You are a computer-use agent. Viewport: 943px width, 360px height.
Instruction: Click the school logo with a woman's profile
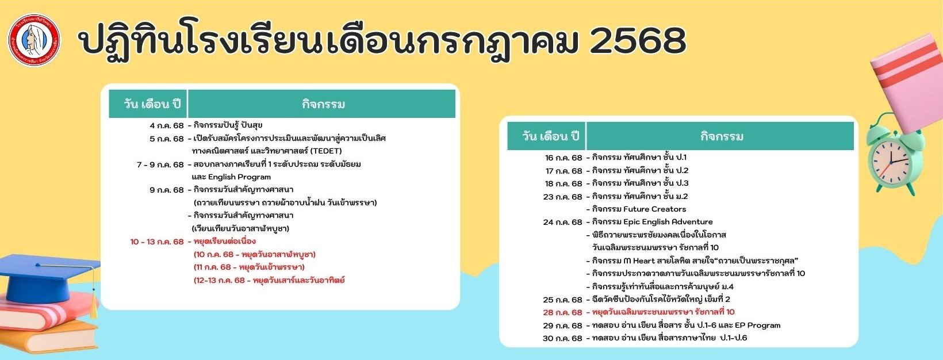tap(34, 40)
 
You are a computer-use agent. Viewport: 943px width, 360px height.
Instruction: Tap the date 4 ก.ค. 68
tap(167, 125)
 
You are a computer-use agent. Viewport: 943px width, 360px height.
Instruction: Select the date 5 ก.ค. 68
tap(167, 139)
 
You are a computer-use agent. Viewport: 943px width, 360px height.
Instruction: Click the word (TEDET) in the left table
tap(326, 151)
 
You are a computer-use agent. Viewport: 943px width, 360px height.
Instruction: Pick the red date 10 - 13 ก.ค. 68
tap(157, 242)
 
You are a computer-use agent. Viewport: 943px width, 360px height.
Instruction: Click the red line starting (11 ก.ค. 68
tap(249, 267)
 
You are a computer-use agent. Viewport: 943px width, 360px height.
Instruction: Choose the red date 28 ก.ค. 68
tap(562, 312)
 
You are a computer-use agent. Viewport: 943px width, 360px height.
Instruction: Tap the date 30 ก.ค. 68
tap(562, 338)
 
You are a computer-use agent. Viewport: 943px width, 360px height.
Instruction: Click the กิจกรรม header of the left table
tap(323, 104)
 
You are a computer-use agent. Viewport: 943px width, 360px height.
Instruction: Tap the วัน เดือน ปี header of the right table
tap(551, 136)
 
